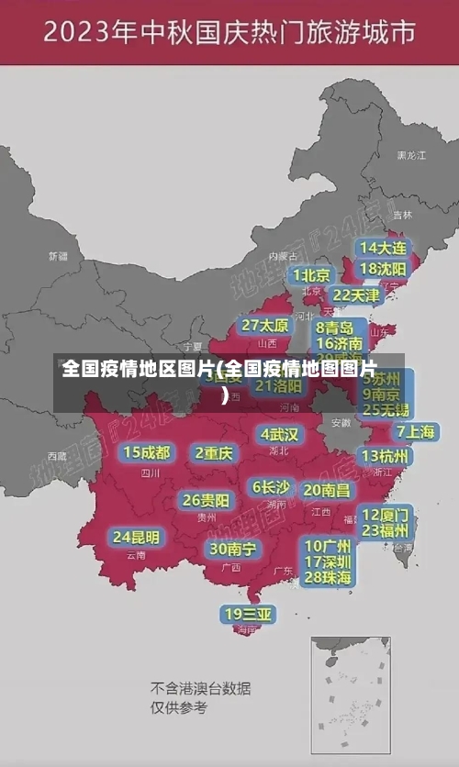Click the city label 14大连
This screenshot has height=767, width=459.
coord(383,248)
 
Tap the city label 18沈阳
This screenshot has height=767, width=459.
coord(383,269)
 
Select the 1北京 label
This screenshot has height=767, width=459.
coord(311,274)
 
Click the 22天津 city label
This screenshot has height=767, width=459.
coord(356,295)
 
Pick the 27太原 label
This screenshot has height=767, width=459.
coord(266,325)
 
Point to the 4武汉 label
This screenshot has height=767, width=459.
coord(279,434)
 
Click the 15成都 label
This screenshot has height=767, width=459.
coord(147,452)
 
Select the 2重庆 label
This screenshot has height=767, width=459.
coord(215,452)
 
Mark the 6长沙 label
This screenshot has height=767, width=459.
coord(271,486)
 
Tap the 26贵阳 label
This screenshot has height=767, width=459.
coord(207,500)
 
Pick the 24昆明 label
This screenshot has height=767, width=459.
coord(137,536)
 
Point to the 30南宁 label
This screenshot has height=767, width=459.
coord(234,548)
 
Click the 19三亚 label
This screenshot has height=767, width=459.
coord(249,613)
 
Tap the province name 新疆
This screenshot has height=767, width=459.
coord(59,256)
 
